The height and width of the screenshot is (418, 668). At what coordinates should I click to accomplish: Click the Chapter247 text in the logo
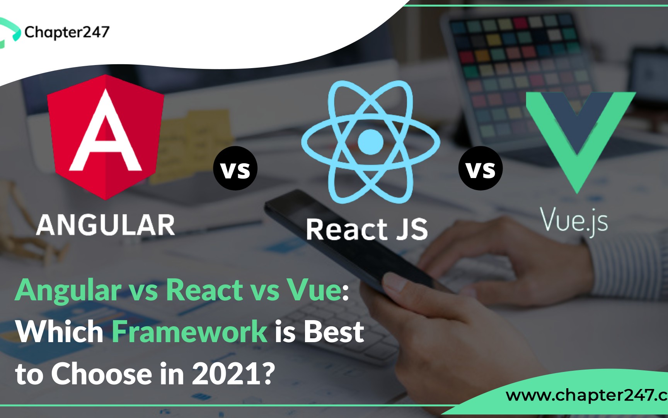click(x=67, y=33)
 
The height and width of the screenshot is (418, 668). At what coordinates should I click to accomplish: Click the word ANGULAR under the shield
click(x=106, y=225)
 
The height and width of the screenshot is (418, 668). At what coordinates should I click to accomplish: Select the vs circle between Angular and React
click(x=235, y=168)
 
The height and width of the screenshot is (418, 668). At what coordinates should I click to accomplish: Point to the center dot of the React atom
click(x=370, y=142)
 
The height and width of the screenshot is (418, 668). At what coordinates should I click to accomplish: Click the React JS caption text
click(x=367, y=230)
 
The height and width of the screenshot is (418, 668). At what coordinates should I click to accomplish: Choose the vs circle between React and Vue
click(x=481, y=168)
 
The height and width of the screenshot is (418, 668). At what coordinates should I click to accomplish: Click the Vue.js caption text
click(x=574, y=221)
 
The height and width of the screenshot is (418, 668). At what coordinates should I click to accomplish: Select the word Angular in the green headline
click(x=68, y=291)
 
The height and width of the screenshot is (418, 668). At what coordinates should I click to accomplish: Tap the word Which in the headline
click(x=60, y=332)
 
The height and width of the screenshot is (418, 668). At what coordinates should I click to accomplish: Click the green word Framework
click(x=189, y=332)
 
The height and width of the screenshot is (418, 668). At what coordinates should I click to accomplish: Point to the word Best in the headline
click(x=334, y=332)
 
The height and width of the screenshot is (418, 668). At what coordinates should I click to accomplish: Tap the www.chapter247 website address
click(x=587, y=396)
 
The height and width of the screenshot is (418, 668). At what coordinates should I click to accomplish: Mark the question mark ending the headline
click(x=268, y=373)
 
